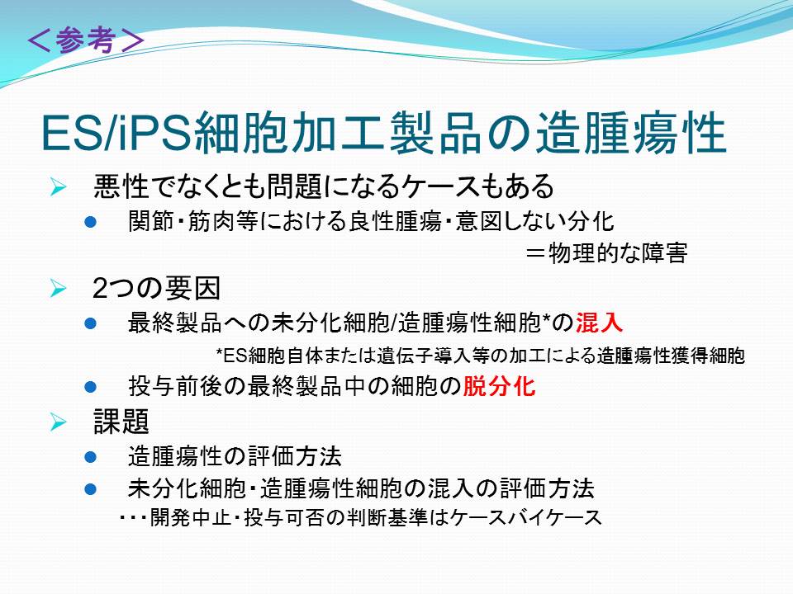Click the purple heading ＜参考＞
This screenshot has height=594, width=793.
85,40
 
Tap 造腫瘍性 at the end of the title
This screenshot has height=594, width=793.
631,133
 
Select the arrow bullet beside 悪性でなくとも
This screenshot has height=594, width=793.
58,187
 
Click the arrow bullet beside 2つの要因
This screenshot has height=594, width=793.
58,289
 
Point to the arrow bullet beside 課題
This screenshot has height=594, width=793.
58,422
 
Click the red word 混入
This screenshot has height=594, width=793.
600,323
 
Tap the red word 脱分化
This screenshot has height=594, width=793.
499,386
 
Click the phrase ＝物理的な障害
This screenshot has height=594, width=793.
606,252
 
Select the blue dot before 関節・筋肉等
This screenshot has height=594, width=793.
91,222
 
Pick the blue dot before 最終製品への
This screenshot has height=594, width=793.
91,323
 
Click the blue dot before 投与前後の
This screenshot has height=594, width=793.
91,387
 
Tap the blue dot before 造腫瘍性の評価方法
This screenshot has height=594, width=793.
91,457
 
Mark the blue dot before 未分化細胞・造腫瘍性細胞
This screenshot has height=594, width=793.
91,489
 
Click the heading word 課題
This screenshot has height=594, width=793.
121,422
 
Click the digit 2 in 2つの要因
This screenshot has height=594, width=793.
100,289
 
